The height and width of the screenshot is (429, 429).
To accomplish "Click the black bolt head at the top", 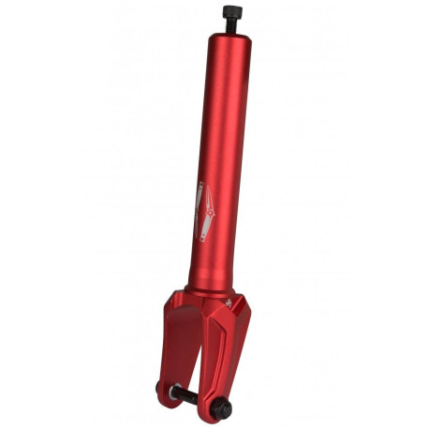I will pos(229,11).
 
